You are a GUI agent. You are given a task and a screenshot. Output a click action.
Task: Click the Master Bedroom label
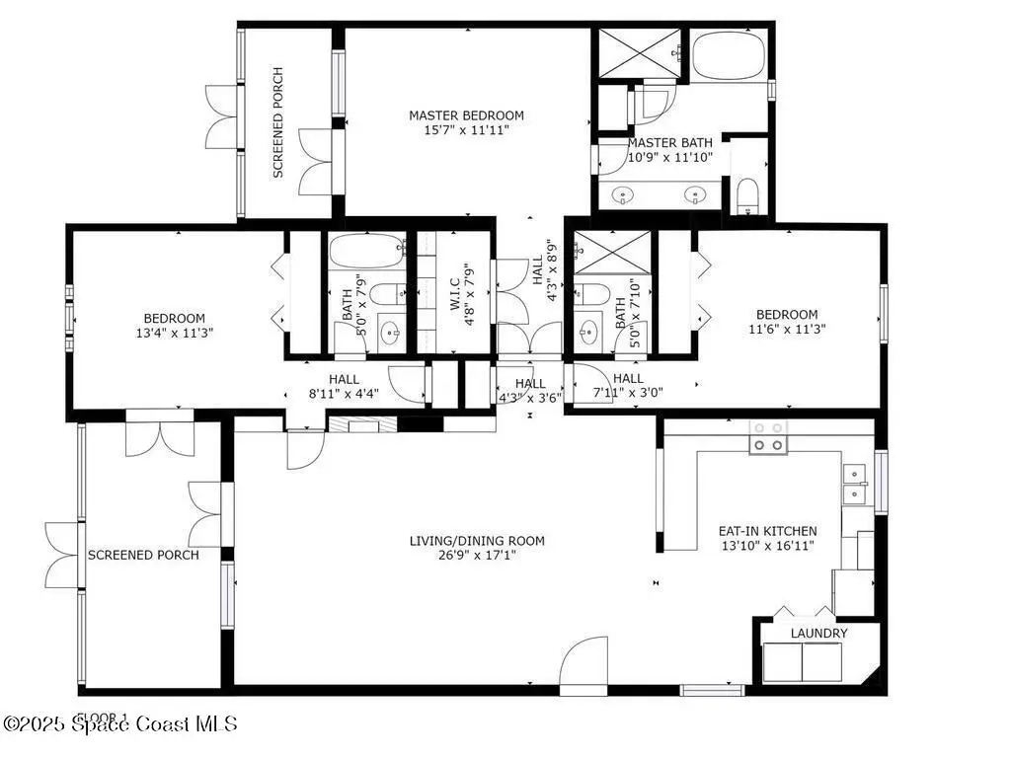click(x=466, y=115)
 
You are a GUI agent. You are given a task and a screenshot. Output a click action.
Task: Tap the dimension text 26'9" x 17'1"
click(x=477, y=555)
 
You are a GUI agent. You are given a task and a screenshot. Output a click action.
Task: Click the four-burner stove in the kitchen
click(x=768, y=436)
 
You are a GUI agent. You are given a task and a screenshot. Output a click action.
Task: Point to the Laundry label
click(x=818, y=633)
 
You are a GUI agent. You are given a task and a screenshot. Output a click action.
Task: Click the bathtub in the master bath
click(x=730, y=56)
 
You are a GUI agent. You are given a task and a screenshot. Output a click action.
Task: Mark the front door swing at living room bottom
click(x=583, y=666)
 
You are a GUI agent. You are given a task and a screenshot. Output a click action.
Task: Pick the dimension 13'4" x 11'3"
click(x=174, y=333)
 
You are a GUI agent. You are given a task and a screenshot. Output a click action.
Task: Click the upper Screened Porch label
click(x=278, y=122)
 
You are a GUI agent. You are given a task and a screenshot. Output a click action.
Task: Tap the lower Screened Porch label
click(x=143, y=555)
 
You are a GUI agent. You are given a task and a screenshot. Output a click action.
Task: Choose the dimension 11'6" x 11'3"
click(x=787, y=329)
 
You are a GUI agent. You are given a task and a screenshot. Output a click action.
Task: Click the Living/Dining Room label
click(x=477, y=541)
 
